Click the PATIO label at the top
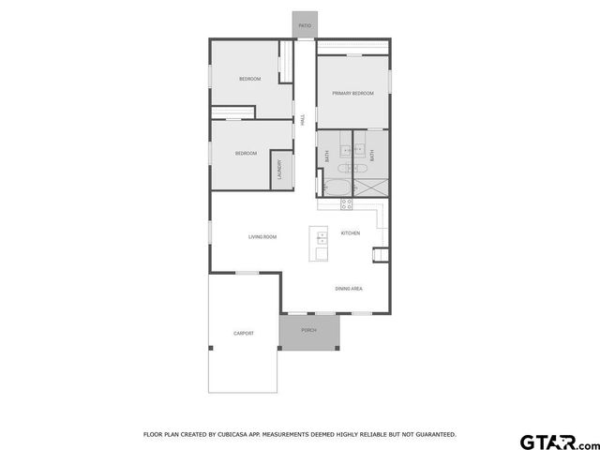point(304,25)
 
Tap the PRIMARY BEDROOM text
point(352,93)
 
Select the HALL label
point(303,118)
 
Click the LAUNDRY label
point(278,169)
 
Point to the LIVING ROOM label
point(262,236)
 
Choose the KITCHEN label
point(351,232)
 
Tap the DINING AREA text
point(349,289)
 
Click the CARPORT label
point(244,334)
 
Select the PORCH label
point(308,331)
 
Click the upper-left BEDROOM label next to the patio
point(249,79)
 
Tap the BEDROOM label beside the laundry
point(246,153)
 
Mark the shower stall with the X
point(369,187)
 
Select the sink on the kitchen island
point(322,235)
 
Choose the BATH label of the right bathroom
point(372,157)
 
